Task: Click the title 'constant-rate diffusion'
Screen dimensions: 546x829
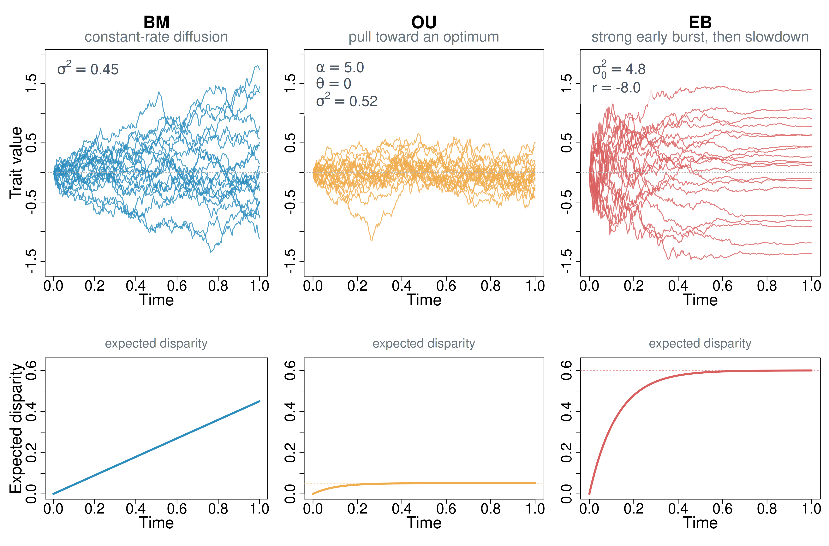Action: click(x=156, y=37)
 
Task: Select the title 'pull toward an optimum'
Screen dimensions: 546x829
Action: click(x=424, y=37)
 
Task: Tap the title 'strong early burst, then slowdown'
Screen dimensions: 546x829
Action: click(x=700, y=37)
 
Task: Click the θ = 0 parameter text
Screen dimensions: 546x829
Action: click(x=333, y=84)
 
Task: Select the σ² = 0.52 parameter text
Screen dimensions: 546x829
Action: click(x=347, y=101)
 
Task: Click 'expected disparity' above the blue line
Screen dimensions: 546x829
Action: click(x=156, y=343)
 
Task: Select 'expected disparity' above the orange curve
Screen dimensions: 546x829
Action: click(x=424, y=343)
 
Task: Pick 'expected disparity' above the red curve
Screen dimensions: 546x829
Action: click(x=700, y=343)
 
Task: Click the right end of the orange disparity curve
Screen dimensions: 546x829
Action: click(x=535, y=483)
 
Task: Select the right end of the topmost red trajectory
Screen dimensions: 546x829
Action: click(x=811, y=90)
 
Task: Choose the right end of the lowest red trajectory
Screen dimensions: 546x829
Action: click(x=811, y=253)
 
